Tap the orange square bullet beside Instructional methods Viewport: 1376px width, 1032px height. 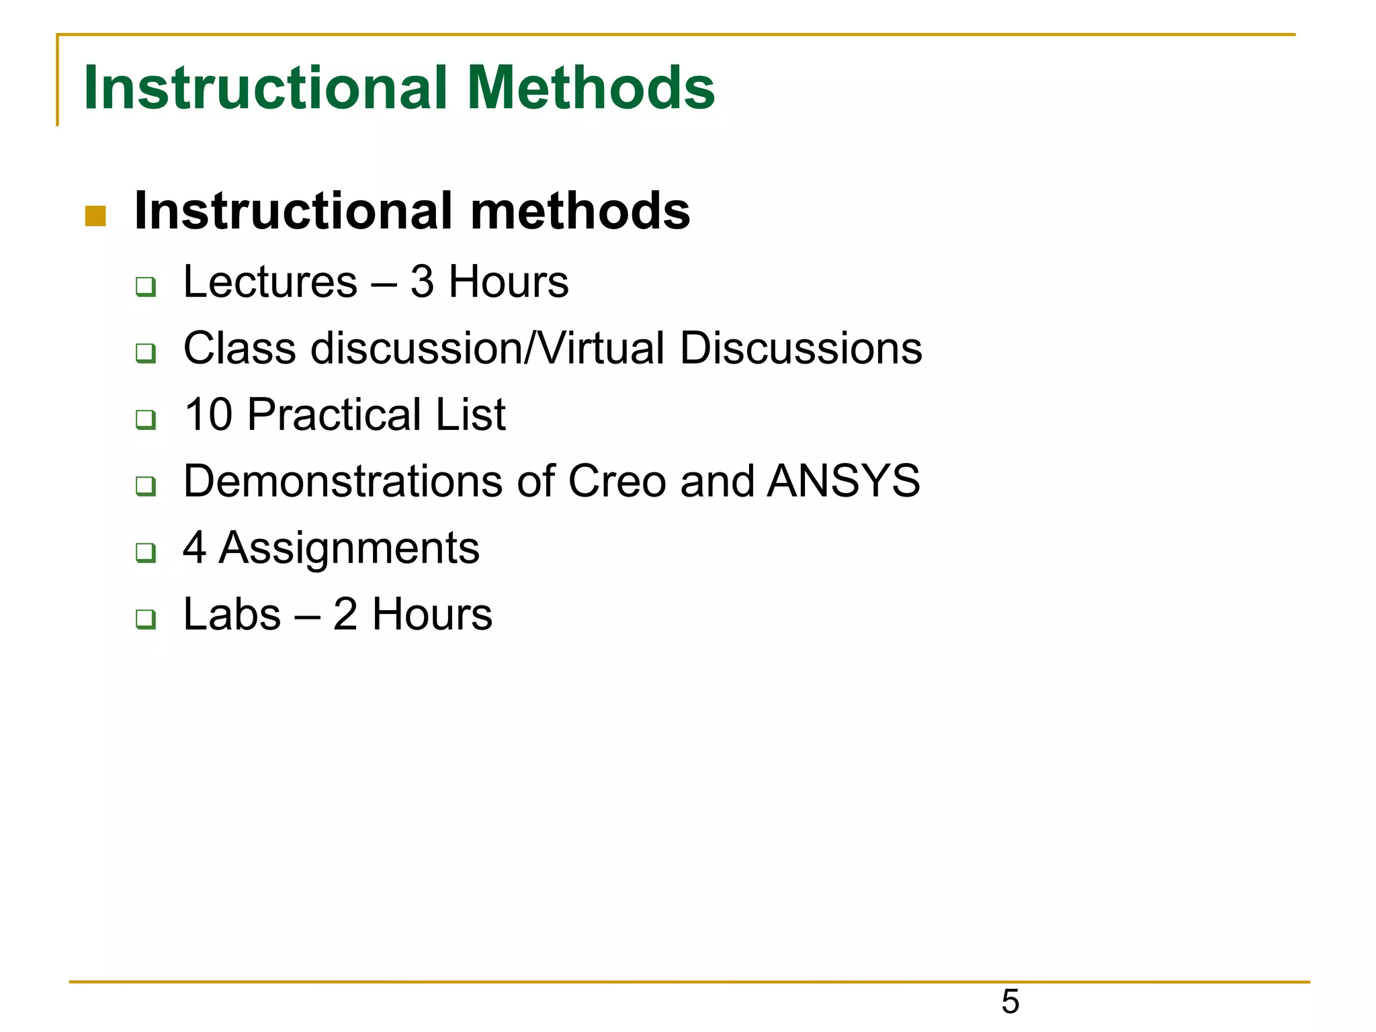[x=95, y=216]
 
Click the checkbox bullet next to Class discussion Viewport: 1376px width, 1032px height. [x=145, y=352]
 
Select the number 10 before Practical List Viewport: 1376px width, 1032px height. [x=208, y=415]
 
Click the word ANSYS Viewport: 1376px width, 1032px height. [x=843, y=481]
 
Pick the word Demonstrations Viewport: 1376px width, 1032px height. [x=343, y=481]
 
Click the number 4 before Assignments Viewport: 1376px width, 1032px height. [x=194, y=548]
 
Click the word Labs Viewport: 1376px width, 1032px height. [x=232, y=614]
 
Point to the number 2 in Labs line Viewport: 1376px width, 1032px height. [x=345, y=614]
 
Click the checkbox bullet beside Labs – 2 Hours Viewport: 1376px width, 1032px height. [x=145, y=618]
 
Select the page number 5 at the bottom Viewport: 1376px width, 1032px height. [x=1010, y=1002]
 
